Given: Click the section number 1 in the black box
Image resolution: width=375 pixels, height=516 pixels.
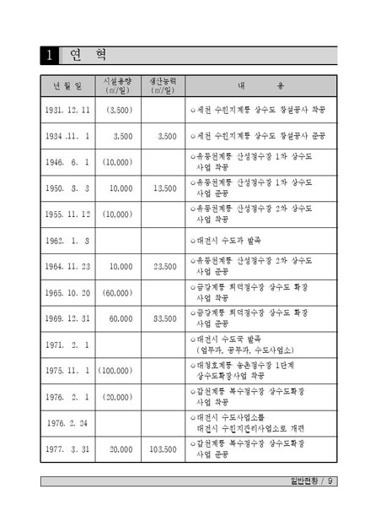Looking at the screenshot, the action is point(51,56).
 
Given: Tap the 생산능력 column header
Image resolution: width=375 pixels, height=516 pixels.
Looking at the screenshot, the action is point(162,85).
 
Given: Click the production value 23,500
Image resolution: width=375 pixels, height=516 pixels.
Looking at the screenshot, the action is point(161,267).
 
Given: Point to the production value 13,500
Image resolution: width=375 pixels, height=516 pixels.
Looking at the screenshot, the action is point(161,188).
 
